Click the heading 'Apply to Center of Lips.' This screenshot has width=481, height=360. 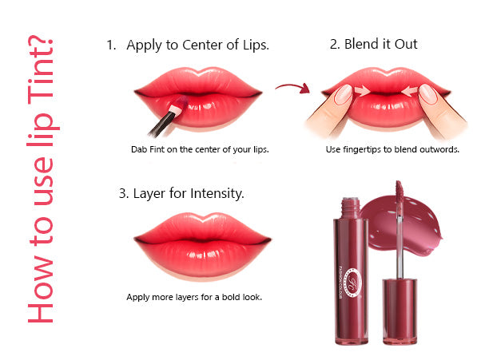(198, 45)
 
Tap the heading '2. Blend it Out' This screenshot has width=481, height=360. (373, 44)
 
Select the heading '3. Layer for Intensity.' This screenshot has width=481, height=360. (181, 194)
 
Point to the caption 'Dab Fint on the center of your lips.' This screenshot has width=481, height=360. (200, 149)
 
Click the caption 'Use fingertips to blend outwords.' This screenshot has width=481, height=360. (392, 149)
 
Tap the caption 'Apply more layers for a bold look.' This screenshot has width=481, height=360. (194, 297)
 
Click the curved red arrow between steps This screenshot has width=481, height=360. (292, 88)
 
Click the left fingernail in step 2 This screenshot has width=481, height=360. (344, 94)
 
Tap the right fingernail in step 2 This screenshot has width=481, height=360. (428, 94)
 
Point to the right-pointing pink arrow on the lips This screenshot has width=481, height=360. (362, 91)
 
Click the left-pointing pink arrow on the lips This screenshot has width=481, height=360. (409, 91)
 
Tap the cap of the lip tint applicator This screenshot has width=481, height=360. (400, 311)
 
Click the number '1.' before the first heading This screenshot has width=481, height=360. (111, 45)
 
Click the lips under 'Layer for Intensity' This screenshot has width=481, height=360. (202, 245)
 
